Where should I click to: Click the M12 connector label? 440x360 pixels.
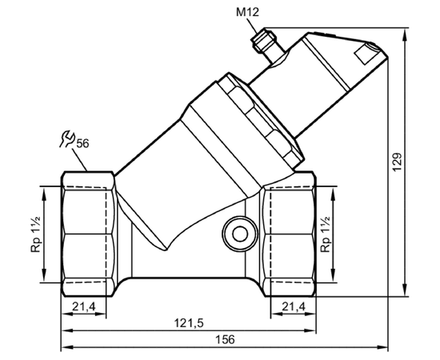pos(247,12)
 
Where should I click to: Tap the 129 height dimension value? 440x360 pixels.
pos(397,162)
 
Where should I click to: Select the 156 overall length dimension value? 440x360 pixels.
pos(225,339)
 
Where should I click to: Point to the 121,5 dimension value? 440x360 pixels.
pos(189,323)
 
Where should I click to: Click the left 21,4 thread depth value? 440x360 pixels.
pos(84,306)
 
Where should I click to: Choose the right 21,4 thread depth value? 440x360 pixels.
pos(294,306)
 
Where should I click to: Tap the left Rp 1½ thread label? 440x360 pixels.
pos(36,234)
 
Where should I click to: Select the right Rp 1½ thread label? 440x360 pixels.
pos(326,234)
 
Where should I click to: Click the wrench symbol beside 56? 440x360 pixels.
pos(66,138)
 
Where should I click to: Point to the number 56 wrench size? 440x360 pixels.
pos(82,143)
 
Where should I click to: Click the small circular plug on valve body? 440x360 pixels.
pos(240,234)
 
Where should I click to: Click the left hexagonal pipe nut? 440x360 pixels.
pos(88,234)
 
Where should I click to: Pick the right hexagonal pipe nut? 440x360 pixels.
pos(289,234)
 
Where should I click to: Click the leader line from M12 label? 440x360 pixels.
pos(253,26)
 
